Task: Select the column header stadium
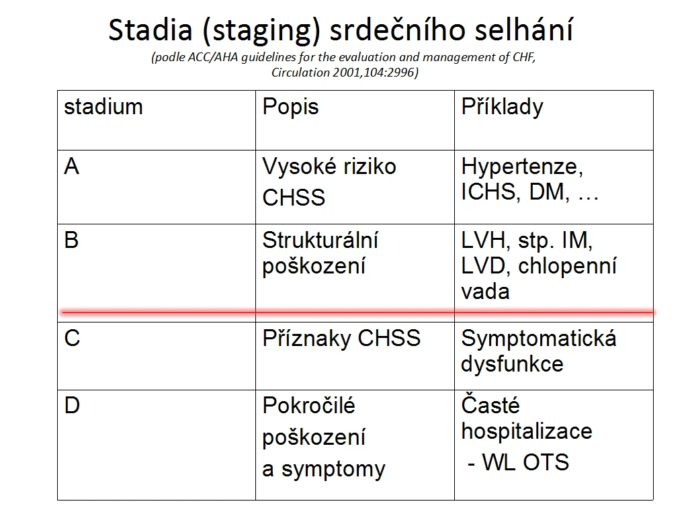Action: point(103,107)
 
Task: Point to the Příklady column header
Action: point(502,107)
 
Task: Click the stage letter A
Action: point(71,167)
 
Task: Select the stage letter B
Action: point(71,241)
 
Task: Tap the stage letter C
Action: point(72,339)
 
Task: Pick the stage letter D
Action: point(72,405)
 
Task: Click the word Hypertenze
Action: point(522,167)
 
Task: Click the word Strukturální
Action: point(320,241)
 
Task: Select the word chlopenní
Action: point(567,266)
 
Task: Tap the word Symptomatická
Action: point(539,339)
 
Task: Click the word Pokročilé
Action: point(308,405)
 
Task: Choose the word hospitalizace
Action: point(527,432)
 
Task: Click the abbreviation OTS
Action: point(546,462)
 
